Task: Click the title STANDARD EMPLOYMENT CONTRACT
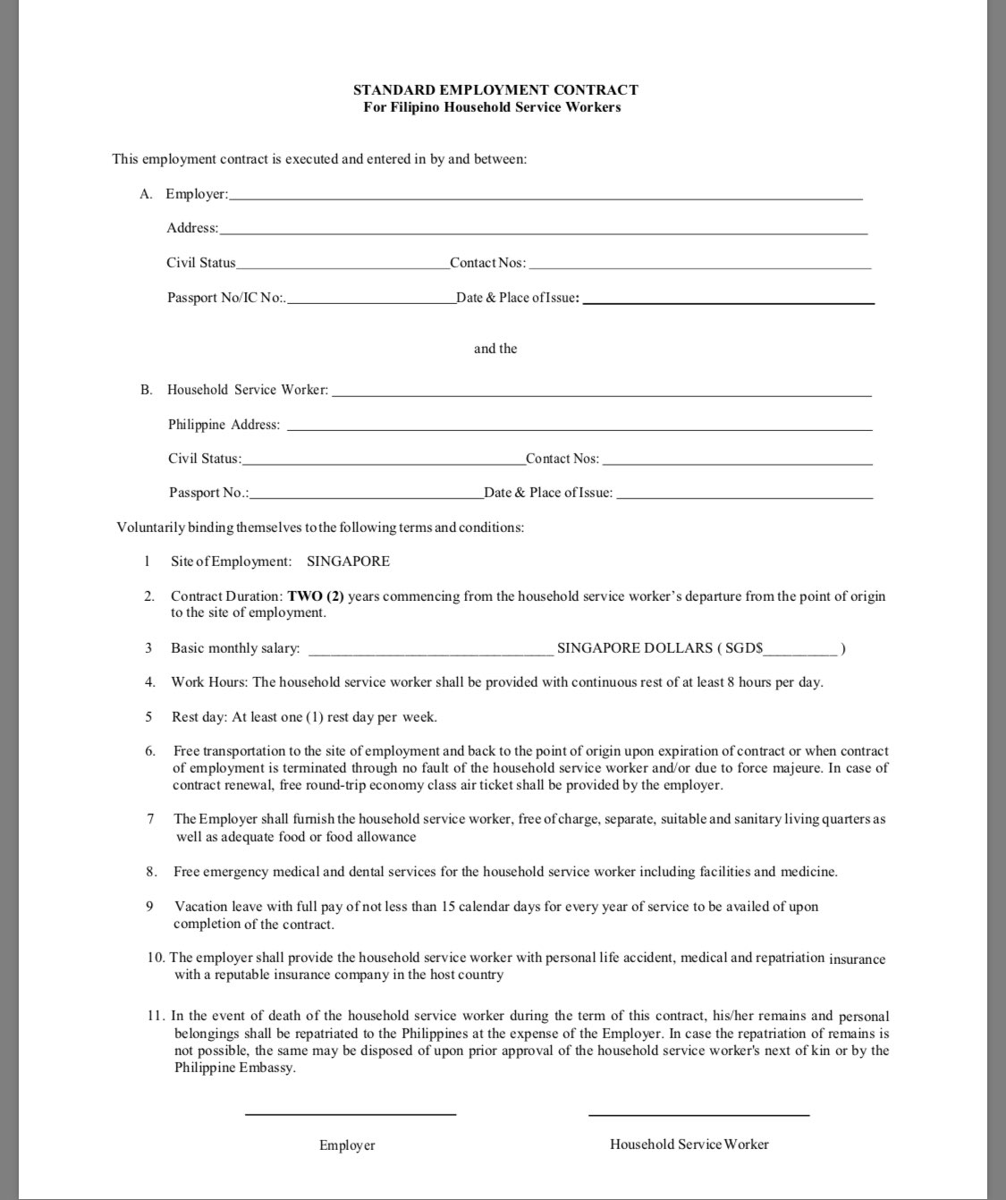495,89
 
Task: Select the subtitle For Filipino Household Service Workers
492,107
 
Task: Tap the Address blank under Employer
543,231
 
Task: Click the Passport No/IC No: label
226,298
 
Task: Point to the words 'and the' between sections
495,349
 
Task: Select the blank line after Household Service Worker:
601,393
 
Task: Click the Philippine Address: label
224,425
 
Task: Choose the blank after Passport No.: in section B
367,495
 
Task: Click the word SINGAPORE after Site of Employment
348,562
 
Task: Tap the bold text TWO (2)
316,596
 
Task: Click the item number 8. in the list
151,872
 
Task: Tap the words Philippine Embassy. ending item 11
234,1068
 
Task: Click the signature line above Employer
351,1114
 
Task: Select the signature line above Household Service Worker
698,1114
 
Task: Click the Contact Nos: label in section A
488,263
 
